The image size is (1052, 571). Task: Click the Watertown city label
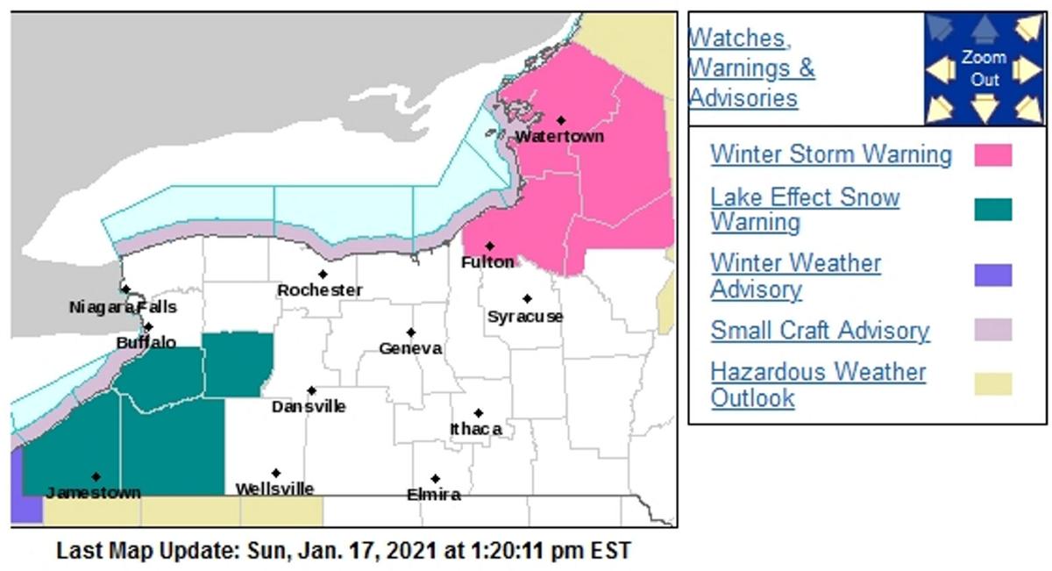point(559,137)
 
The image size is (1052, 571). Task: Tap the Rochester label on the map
point(319,290)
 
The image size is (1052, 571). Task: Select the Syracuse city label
point(525,317)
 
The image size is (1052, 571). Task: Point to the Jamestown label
point(93,493)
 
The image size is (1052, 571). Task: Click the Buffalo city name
point(146,343)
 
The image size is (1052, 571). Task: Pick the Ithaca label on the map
point(476,429)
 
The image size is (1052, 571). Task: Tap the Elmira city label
point(434,495)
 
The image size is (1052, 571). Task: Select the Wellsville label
point(274,489)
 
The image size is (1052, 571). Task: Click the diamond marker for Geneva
point(410,332)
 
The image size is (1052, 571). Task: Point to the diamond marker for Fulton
point(490,246)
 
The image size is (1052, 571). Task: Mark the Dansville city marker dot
point(311,390)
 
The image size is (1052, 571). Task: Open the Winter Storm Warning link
point(830,154)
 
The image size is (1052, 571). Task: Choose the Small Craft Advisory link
point(820,331)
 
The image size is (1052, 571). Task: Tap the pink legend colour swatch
point(992,155)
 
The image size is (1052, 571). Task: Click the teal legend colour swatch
point(992,210)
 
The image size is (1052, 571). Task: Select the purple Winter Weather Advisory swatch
point(992,275)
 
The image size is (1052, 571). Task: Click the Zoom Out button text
point(984,68)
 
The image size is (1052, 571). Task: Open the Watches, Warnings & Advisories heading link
point(751,68)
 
